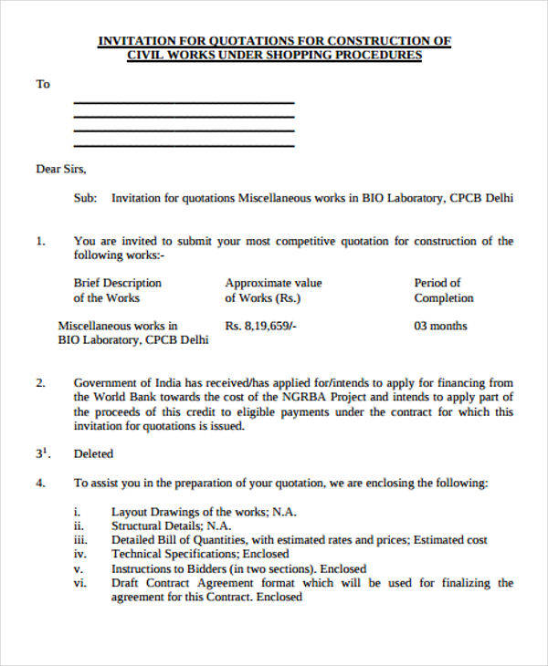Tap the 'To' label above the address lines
tap(43, 85)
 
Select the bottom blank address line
tap(184, 146)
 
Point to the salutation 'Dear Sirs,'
tap(61, 169)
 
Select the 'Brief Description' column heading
tap(118, 283)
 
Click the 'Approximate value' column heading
tap(273, 283)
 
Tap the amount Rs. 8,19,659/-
tap(261, 326)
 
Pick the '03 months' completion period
tap(440, 326)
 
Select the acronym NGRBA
tap(290, 398)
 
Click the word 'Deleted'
tap(93, 453)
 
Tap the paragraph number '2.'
tap(40, 383)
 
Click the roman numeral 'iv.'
tap(79, 554)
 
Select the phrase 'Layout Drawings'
tap(152, 512)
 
